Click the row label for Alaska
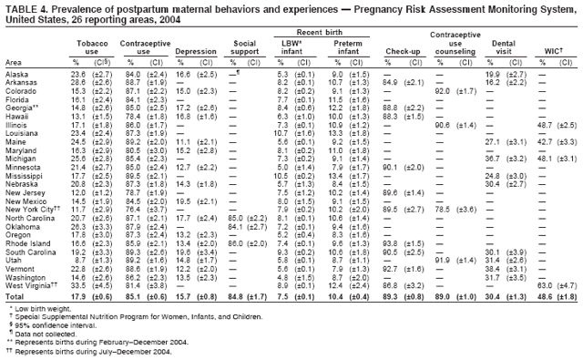pyautogui.click(x=16, y=74)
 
